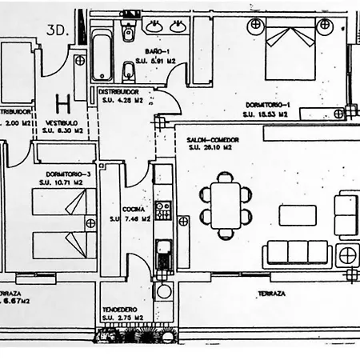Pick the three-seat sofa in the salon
[298, 253]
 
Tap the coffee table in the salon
[298, 215]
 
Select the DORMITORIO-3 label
[67, 173]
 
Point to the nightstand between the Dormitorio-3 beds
[90, 223]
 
